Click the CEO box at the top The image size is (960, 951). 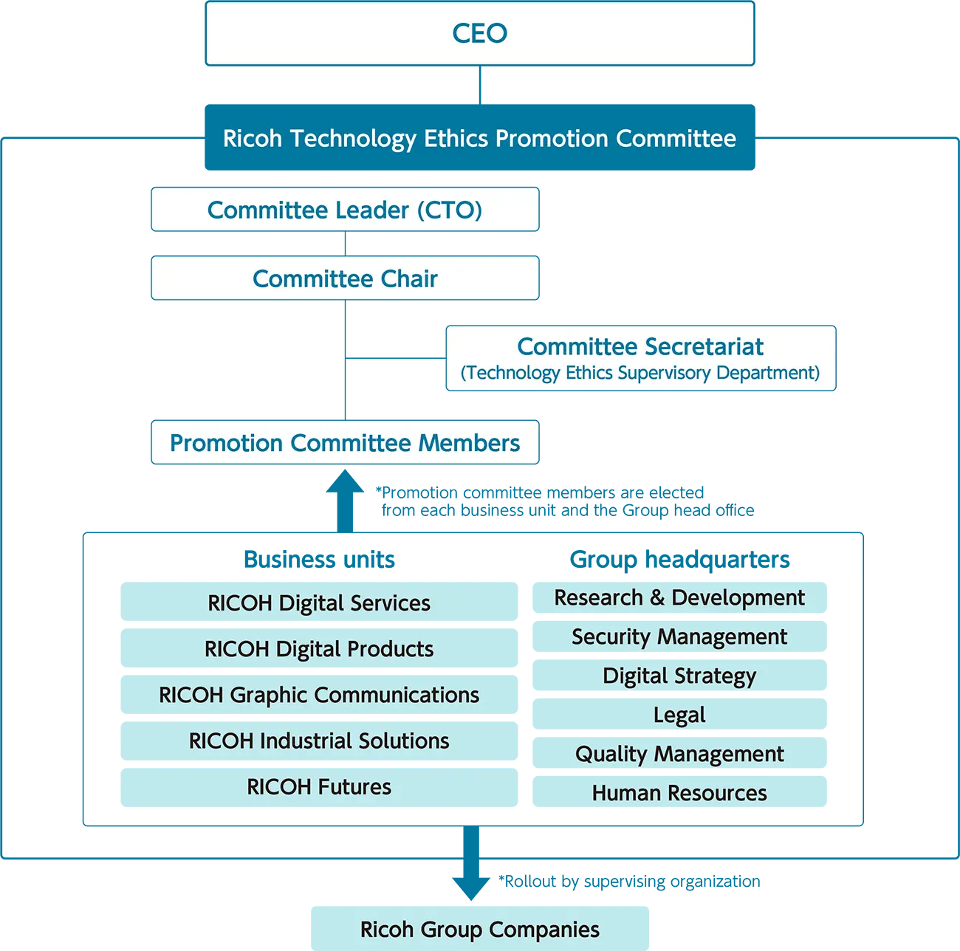[x=480, y=33]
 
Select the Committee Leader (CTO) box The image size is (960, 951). [x=345, y=210]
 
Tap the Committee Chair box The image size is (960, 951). [x=345, y=278]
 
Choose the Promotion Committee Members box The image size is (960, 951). [x=345, y=443]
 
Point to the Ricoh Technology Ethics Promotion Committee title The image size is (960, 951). [x=479, y=138]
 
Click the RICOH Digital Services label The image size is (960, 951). [x=319, y=603]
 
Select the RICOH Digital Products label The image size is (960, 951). [x=319, y=649]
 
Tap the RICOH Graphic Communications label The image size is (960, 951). [x=319, y=695]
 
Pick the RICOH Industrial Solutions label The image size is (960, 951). [x=319, y=741]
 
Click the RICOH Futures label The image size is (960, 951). [x=319, y=786]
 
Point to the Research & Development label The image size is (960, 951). [x=679, y=597]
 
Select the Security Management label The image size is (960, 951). [x=679, y=636]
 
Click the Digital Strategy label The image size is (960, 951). [x=679, y=676]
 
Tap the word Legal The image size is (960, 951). [x=679, y=715]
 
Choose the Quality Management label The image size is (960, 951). [x=679, y=754]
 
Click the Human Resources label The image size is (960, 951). [x=679, y=793]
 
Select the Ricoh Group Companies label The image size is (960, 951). [x=480, y=930]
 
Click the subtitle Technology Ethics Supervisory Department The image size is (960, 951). [x=640, y=373]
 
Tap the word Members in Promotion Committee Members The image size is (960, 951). [x=469, y=443]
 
